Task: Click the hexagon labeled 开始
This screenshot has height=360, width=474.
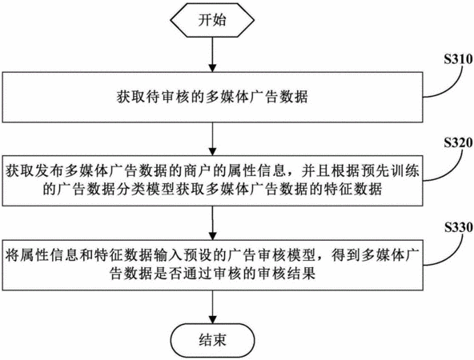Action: pos(212,20)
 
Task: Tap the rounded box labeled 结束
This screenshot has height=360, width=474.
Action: pos(212,341)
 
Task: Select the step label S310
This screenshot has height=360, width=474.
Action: pos(458,59)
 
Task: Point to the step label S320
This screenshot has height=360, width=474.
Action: pos(458,143)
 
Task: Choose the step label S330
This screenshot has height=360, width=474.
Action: pos(458,227)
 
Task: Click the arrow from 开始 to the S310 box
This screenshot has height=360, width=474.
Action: pos(213,54)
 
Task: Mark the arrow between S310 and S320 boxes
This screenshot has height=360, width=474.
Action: pos(213,139)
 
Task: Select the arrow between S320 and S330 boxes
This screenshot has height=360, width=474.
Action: pos(213,223)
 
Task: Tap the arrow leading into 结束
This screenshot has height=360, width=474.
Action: pos(213,307)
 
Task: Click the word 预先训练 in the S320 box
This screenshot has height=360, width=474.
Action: pos(390,171)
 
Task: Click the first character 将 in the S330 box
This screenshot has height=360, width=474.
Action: pos(12,255)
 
